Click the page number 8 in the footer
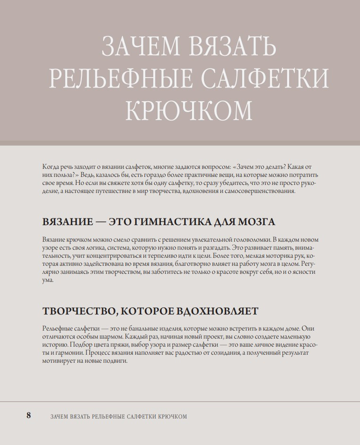pos(28,416)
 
